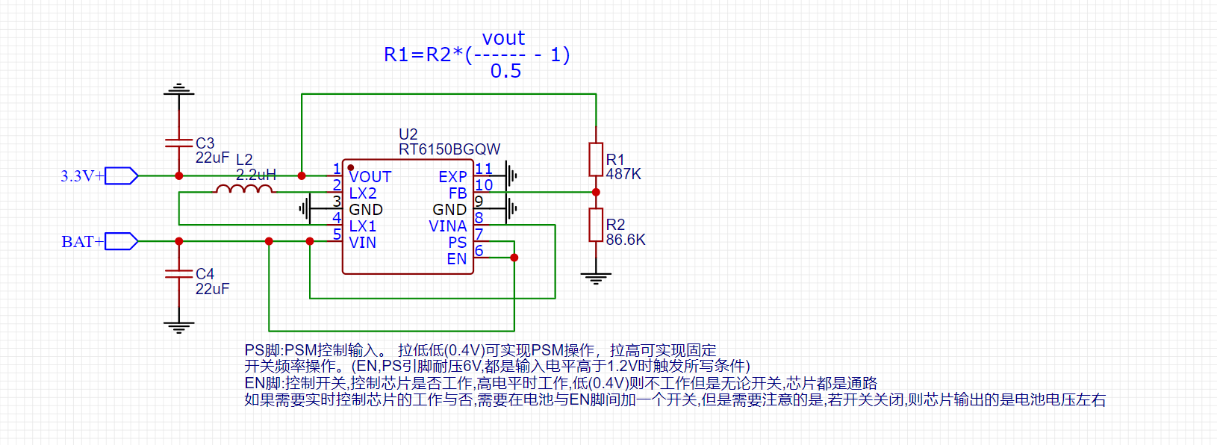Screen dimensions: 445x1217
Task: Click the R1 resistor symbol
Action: (596, 159)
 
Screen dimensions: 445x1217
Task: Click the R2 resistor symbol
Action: (596, 225)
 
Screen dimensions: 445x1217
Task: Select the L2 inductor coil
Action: (244, 190)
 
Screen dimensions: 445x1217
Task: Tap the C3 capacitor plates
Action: (179, 142)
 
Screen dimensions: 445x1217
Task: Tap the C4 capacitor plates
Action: (179, 273)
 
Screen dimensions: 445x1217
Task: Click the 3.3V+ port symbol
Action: (122, 175)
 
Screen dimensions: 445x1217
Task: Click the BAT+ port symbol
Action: (122, 241)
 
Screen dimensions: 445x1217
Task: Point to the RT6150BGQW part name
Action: (449, 149)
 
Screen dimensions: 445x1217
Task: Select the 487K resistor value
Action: (623, 174)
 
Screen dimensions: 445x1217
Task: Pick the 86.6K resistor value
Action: (626, 240)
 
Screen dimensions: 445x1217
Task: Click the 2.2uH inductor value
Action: (256, 175)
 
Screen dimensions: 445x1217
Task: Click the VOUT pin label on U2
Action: (370, 177)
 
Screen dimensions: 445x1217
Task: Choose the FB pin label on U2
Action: (458, 193)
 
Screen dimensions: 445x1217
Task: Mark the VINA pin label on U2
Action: (448, 226)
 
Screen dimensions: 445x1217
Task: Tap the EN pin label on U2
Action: (457, 259)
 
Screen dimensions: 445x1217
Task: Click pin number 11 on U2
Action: (484, 169)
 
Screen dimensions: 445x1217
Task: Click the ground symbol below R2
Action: (596, 278)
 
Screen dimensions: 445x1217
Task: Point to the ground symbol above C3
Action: (179, 90)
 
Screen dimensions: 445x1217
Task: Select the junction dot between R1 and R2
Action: (596, 192)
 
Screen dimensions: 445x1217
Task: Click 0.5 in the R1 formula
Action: (505, 71)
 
